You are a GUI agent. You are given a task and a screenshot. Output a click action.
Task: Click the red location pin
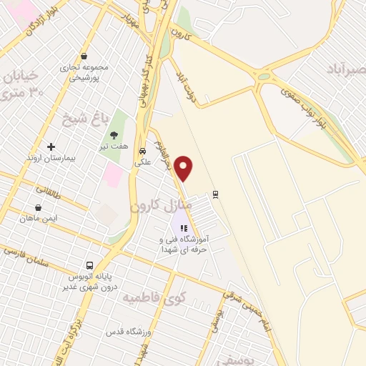pyautogui.click(x=184, y=167)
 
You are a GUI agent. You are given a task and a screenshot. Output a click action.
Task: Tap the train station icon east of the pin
pyautogui.click(x=216, y=193)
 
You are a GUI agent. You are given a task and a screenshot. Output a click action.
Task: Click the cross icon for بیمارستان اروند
pyautogui.click(x=50, y=147)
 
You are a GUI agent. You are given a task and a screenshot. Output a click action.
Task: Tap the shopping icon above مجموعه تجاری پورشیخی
pyautogui.click(x=84, y=56)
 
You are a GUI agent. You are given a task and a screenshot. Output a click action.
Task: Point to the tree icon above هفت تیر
pyautogui.click(x=114, y=134)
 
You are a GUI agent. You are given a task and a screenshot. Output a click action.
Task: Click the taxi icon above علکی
pyautogui.click(x=142, y=152)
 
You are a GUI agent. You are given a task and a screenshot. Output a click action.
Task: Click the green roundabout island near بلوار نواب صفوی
pyautogui.click(x=264, y=76)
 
